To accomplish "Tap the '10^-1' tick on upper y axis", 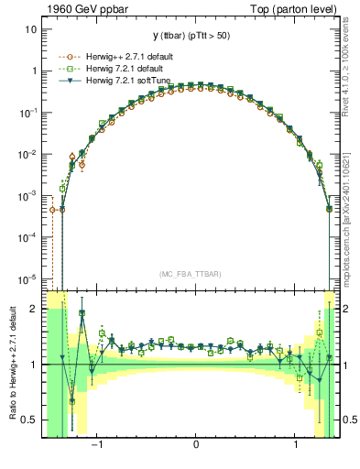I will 28,113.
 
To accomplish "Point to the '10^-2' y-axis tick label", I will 28,154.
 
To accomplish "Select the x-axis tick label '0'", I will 196,445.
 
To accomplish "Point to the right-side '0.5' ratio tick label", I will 350,420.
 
